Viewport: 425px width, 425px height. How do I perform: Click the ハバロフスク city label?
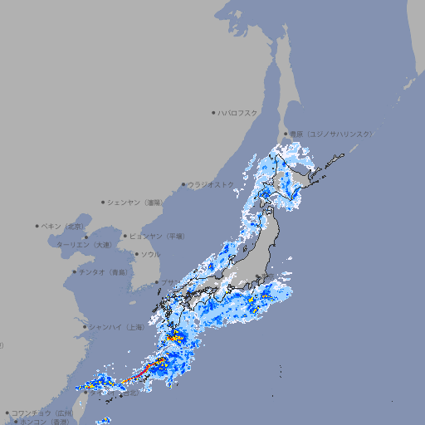click(238, 112)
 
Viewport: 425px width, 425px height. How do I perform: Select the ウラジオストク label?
click(211, 184)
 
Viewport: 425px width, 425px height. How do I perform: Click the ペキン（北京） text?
click(64, 226)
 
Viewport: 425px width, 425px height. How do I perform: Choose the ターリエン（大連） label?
click(84, 245)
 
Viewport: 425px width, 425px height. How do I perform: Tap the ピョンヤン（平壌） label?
click(157, 236)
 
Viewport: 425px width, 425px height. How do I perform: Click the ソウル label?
click(150, 254)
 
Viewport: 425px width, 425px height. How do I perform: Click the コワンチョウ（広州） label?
click(42, 413)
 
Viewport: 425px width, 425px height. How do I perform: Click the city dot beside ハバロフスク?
click(213, 112)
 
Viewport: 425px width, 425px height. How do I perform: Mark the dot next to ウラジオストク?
click(183, 184)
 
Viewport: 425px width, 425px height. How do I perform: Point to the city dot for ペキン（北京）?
click(37, 226)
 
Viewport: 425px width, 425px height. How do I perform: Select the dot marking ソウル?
click(135, 254)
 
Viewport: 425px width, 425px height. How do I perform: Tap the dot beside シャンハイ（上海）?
click(85, 327)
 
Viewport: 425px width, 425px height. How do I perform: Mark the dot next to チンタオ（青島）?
click(75, 271)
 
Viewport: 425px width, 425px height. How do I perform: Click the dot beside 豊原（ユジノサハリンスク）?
click(286, 134)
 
